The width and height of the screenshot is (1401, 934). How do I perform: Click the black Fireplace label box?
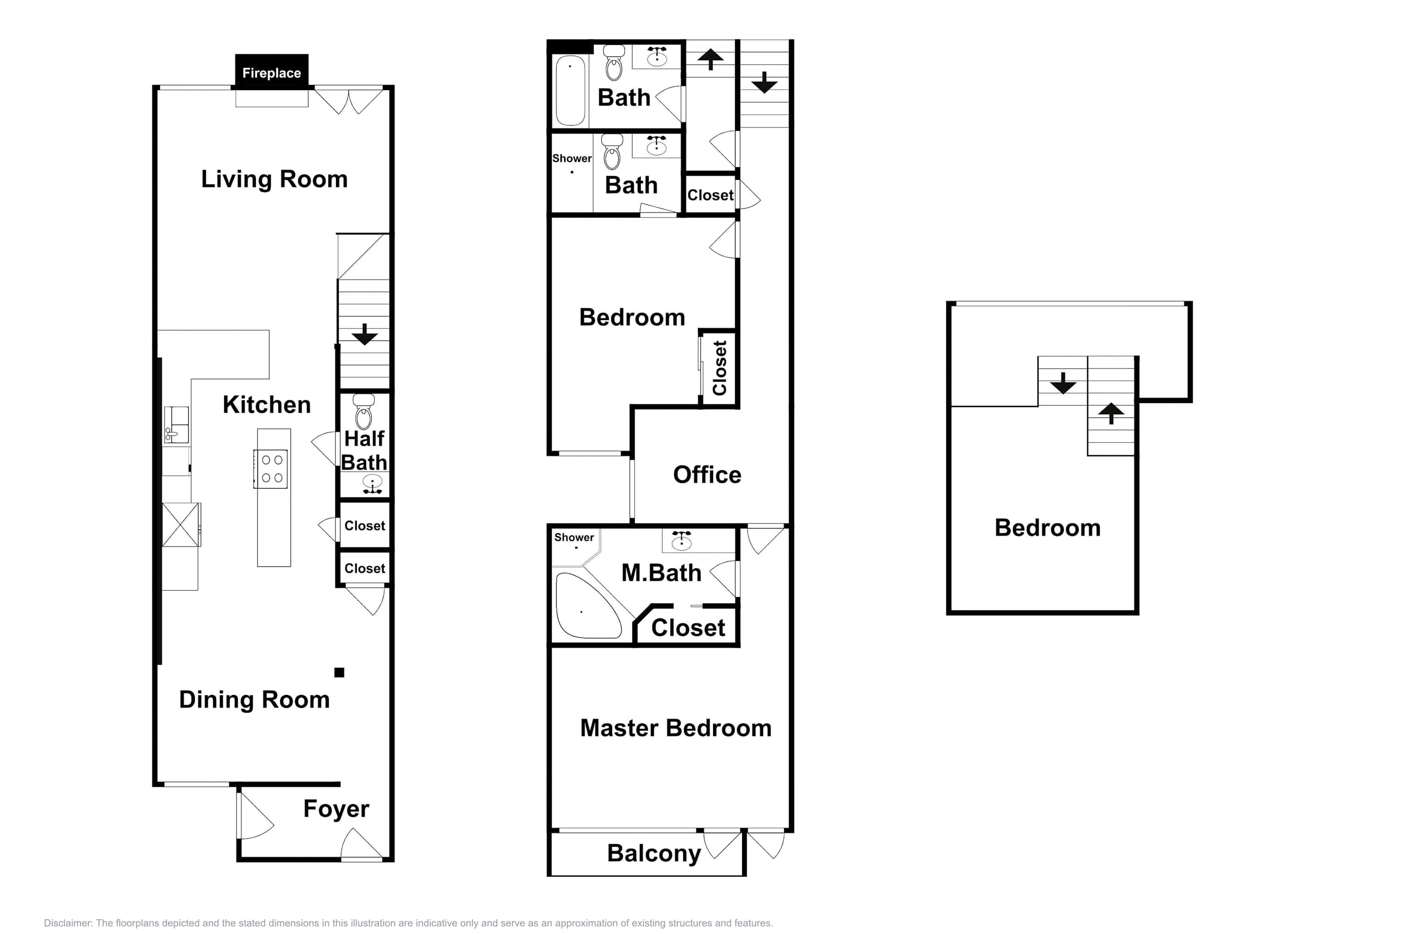[272, 71]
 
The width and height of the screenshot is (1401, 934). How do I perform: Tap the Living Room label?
[274, 179]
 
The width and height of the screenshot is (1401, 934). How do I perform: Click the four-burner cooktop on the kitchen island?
[271, 469]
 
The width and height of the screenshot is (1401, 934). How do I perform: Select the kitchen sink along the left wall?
[177, 425]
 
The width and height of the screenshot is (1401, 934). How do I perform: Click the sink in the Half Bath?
[372, 484]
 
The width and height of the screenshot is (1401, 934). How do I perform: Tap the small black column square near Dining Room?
[339, 672]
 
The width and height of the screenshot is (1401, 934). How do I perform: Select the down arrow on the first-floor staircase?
[365, 334]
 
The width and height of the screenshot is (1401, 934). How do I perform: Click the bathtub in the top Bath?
[570, 90]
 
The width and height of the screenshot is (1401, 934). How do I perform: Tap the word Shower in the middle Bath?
[572, 158]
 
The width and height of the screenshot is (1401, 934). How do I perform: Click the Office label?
[707, 475]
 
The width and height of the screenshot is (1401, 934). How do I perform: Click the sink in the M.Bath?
[681, 540]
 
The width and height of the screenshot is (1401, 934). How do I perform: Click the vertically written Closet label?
[720, 368]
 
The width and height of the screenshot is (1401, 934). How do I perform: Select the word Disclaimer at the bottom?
[68, 923]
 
